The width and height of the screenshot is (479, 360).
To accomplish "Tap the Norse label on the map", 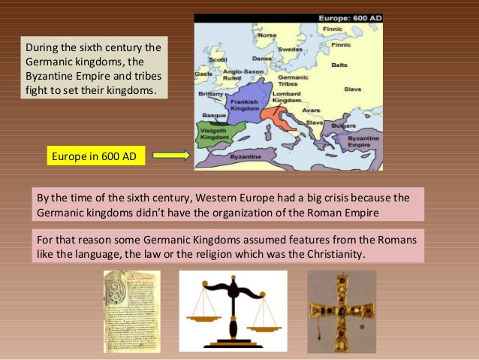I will [x=267, y=35].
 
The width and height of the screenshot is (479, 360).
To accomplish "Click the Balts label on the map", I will [x=340, y=65].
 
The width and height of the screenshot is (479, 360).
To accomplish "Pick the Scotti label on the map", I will [x=218, y=59].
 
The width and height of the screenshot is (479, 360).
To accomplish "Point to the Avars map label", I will [x=310, y=110].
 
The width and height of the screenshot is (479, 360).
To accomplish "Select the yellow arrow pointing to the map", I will [x=171, y=156].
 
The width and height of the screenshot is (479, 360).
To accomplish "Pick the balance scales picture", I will [x=233, y=310].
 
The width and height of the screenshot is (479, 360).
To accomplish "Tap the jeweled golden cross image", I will [x=342, y=311].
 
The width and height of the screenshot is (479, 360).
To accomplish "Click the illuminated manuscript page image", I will [x=131, y=311].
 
